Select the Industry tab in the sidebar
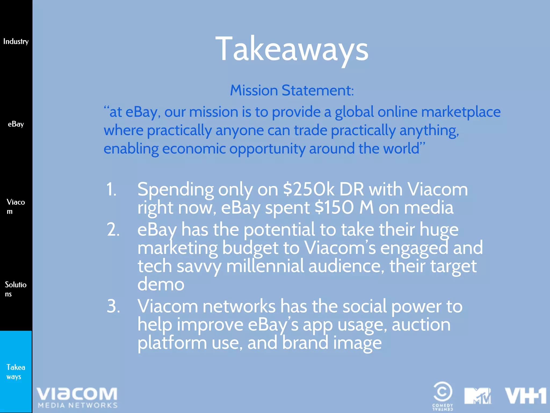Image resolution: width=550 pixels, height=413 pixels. point(16,41)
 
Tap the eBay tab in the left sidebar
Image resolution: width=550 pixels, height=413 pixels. point(16,124)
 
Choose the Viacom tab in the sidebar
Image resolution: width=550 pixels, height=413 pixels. point(16,206)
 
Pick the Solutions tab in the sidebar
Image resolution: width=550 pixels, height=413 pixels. point(16,289)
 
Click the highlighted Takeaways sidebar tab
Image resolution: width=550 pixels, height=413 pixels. point(16,372)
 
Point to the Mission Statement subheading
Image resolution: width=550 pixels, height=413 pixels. point(292,90)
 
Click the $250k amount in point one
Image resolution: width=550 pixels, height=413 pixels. point(309,189)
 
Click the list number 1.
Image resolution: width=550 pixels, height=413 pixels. point(111,189)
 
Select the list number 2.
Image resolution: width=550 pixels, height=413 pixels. point(113,230)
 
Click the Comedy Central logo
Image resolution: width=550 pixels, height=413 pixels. point(443,395)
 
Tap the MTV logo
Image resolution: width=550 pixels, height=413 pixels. point(478,396)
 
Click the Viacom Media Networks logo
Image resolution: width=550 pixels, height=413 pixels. point(77,397)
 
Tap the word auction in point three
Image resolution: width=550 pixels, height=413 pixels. point(421,325)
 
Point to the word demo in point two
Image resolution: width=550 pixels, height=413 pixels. point(161,284)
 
